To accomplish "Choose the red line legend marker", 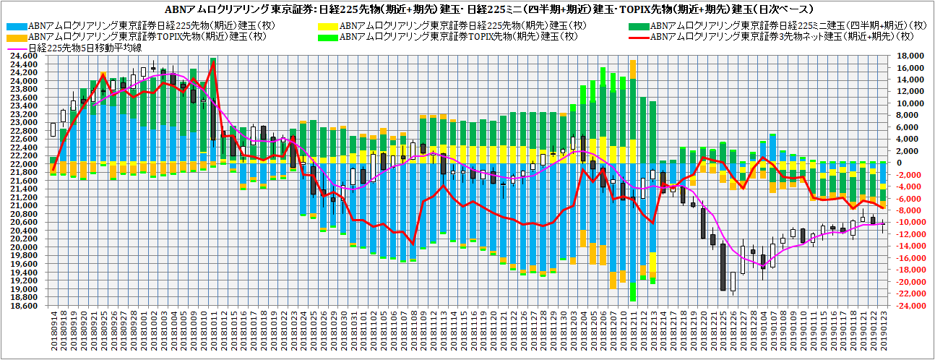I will pyautogui.click(x=639, y=37).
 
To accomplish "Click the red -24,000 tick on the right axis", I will pyautogui.click(x=907, y=307).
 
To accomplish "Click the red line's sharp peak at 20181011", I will pyautogui.click(x=213, y=64).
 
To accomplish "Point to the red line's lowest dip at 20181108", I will pyautogui.click(x=413, y=244).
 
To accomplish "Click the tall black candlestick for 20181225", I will pyautogui.click(x=723, y=264).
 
